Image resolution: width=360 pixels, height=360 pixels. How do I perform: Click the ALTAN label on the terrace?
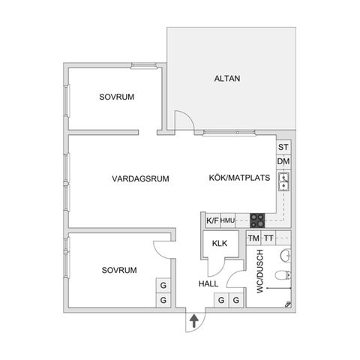coord(226,78)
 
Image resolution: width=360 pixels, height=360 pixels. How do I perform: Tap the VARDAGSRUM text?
coord(139,178)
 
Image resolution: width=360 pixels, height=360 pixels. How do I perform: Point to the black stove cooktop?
coord(257,220)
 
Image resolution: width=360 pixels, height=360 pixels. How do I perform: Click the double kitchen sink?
coord(284,181)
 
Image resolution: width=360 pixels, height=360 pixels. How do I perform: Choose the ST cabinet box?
coord(283,148)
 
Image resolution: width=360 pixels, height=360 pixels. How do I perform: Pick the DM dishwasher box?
coord(283,162)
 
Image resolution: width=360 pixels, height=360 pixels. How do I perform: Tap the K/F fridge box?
coord(212,220)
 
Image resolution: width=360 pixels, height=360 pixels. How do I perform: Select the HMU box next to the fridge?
coord(228,220)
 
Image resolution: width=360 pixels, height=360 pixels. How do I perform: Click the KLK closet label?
coord(220,244)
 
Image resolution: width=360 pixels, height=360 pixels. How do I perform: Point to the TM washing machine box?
coord(253,238)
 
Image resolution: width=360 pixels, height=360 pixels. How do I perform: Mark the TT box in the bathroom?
coord(268,238)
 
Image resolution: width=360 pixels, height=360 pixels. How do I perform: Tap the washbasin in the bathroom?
coord(284,256)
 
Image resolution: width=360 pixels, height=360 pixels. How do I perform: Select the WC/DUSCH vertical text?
coord(259,271)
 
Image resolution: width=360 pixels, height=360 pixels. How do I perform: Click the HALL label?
coord(208,284)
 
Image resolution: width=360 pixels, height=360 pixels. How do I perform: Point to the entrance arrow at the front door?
coord(193,321)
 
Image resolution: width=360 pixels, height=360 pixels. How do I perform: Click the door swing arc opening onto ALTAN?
coord(182,120)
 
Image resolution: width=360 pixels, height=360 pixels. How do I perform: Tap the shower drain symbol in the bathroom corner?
coord(289,304)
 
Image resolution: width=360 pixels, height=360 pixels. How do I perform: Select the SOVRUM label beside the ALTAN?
coord(118,97)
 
